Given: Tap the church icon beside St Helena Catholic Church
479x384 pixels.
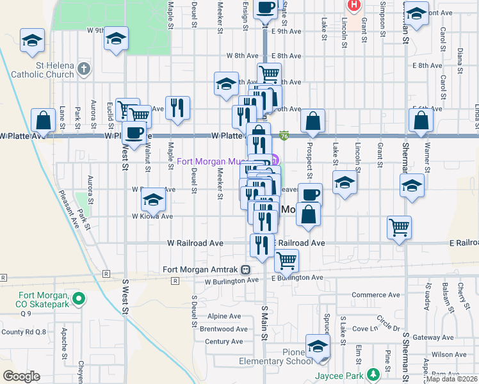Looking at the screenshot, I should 84,68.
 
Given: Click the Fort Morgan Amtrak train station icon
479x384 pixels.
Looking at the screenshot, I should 245,269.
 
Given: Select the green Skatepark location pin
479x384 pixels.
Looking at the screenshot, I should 79,298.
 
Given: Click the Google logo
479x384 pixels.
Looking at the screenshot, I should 21,376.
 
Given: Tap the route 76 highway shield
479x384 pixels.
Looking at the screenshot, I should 284,136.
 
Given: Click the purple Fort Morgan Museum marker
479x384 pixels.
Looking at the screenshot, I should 274,161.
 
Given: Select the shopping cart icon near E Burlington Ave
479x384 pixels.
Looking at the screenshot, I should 287,259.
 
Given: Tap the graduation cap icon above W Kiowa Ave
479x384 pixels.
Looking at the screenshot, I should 153,200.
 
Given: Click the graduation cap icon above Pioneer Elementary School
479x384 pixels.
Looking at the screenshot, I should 317,346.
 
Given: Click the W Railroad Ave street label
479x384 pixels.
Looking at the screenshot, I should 195,243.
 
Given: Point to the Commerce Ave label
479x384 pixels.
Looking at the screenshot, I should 370,294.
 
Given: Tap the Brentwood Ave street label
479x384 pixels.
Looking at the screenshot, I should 223,329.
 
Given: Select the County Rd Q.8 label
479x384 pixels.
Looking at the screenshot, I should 23,332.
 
